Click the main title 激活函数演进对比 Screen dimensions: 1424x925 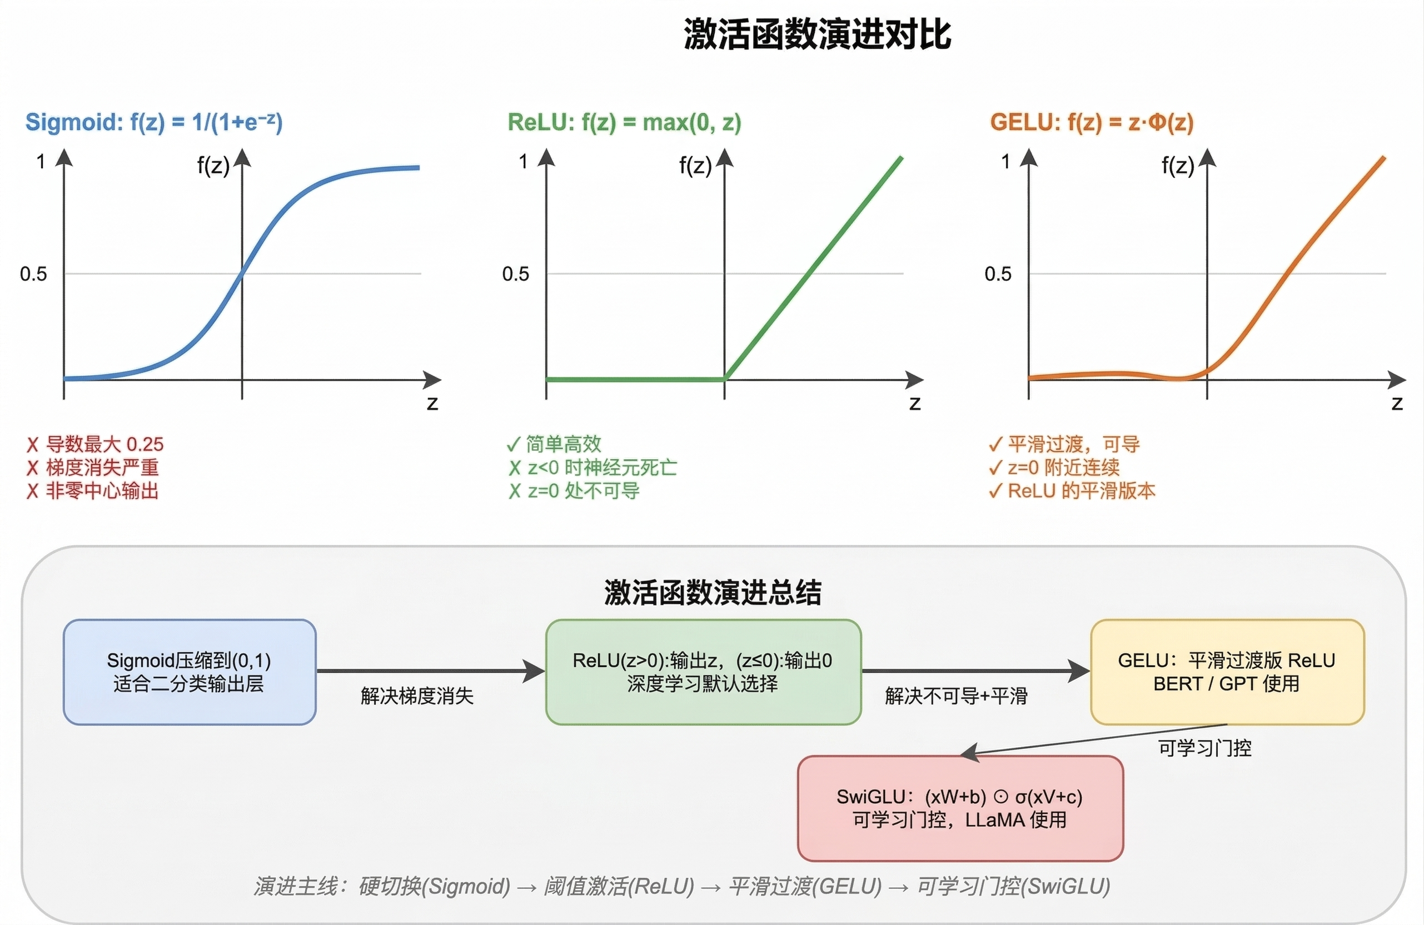pyautogui.click(x=816, y=34)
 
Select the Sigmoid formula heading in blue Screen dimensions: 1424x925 pyautogui.click(x=154, y=122)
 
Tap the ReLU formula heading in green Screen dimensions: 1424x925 pyautogui.click(x=624, y=123)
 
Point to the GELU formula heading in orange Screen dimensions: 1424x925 pyautogui.click(x=1091, y=123)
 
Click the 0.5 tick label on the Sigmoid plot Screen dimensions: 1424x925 pyautogui.click(x=33, y=274)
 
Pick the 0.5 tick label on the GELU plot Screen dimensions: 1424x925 pyautogui.click(x=998, y=274)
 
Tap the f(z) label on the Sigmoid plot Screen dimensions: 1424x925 pyautogui.click(x=213, y=165)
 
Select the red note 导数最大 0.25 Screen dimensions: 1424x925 pyautogui.click(x=96, y=444)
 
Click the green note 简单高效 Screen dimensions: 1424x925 pyautogui.click(x=555, y=444)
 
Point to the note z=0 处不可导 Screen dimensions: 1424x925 pyautogui.click(x=574, y=491)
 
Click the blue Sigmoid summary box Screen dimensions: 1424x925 pyautogui.click(x=189, y=672)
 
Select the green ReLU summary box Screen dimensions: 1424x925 pyautogui.click(x=703, y=672)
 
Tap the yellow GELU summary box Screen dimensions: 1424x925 pyautogui.click(x=1227, y=672)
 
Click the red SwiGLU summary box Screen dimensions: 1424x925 pyautogui.click(x=960, y=808)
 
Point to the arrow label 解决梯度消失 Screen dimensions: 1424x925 pyautogui.click(x=417, y=696)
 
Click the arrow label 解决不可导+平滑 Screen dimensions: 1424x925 pyautogui.click(x=956, y=696)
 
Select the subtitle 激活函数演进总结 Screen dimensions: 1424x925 pyautogui.click(x=712, y=593)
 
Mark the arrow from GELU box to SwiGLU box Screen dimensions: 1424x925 pyautogui.click(x=1095, y=740)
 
